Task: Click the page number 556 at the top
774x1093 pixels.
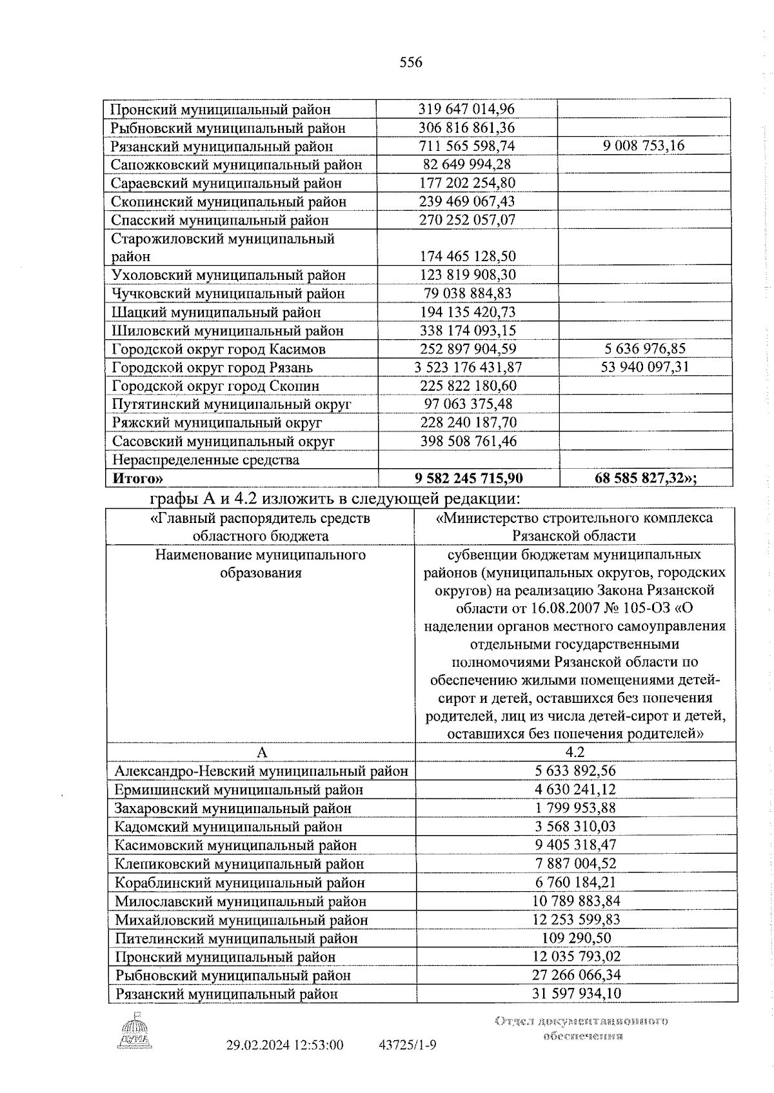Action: point(411,63)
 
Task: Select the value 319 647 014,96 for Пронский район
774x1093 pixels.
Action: point(466,109)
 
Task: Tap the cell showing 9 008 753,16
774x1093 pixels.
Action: point(644,146)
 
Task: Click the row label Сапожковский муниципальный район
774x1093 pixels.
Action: point(236,164)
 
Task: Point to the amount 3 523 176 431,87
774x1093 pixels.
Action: point(468,368)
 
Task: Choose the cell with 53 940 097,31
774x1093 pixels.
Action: point(644,368)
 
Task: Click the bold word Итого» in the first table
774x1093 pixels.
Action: point(137,478)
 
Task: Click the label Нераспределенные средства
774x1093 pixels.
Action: point(206,460)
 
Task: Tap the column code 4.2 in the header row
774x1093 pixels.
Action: point(575,752)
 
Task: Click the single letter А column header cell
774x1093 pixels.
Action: point(261,753)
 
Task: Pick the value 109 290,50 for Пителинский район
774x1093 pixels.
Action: point(575,938)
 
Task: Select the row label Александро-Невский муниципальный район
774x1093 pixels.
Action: point(261,771)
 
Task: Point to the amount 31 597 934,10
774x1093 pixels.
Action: point(576,993)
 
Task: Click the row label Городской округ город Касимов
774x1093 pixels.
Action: point(219,350)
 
